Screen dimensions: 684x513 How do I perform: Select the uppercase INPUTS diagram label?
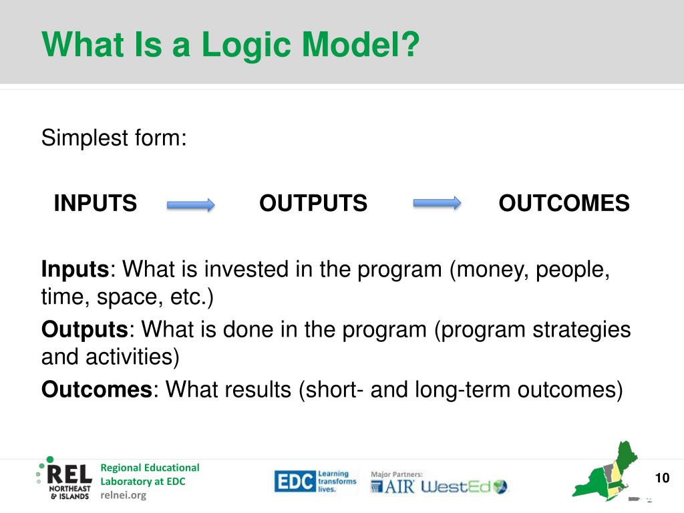click(95, 203)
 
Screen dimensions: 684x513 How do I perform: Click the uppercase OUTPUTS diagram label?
click(313, 203)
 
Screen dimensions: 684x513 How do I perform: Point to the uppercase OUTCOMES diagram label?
click(564, 203)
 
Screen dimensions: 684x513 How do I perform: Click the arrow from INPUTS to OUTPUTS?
click(190, 204)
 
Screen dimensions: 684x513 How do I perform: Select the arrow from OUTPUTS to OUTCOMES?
click(437, 203)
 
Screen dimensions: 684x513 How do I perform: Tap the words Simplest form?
click(114, 138)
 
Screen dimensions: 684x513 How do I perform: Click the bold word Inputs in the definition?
click(75, 270)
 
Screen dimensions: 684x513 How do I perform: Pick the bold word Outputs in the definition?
click(85, 329)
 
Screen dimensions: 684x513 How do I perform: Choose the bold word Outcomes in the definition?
click(97, 389)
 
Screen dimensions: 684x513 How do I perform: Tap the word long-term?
click(462, 390)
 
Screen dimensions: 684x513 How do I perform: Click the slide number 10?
click(662, 478)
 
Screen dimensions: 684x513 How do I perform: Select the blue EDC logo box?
click(295, 482)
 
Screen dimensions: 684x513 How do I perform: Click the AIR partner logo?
click(393, 486)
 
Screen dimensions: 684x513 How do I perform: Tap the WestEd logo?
click(464, 486)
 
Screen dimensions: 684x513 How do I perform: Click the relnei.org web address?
click(124, 495)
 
